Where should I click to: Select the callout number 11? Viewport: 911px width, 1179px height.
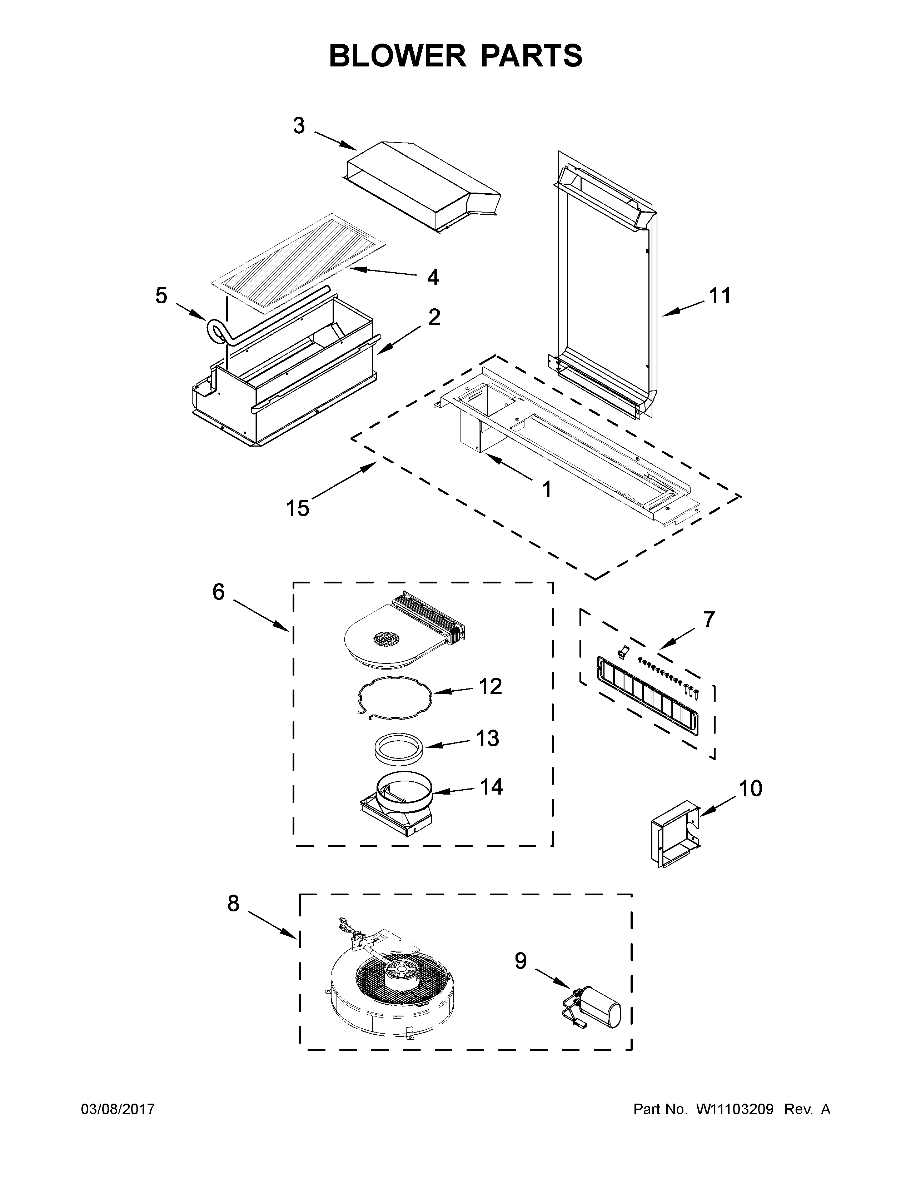(x=720, y=296)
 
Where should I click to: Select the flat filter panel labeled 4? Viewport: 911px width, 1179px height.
(x=297, y=263)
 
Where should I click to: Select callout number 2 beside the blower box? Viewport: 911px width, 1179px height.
(x=434, y=317)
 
